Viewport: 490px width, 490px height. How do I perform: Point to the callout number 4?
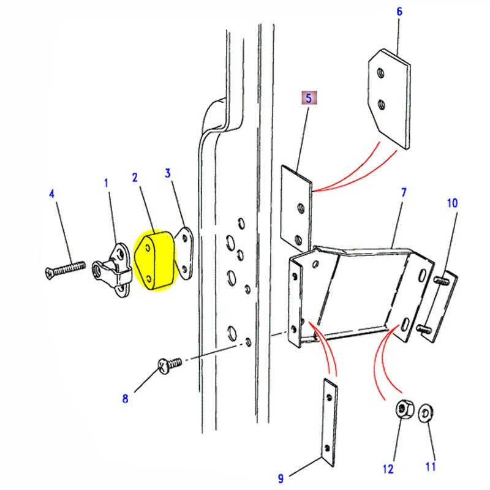tap(51, 195)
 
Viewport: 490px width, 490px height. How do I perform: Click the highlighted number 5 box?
tap(308, 98)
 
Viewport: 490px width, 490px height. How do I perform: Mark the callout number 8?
tap(125, 399)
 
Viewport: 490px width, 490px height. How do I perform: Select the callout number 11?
tap(430, 467)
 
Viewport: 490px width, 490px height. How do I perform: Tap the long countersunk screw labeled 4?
tap(64, 268)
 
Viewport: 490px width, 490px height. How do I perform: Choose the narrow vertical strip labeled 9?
tap(330, 420)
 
